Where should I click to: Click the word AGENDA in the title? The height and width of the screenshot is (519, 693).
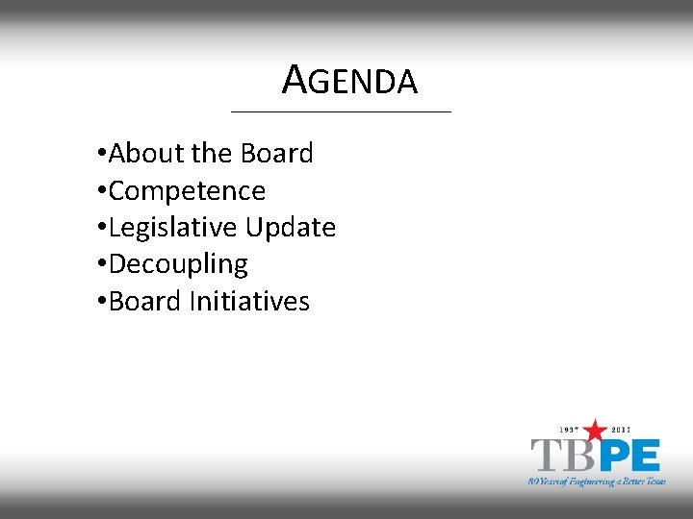pyautogui.click(x=350, y=81)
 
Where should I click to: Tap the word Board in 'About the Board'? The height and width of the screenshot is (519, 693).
pyautogui.click(x=277, y=154)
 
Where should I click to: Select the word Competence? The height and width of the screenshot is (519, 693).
pyautogui.click(x=187, y=191)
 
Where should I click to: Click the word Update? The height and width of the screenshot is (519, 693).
pyautogui.click(x=290, y=228)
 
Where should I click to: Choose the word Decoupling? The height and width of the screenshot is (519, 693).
pyautogui.click(x=178, y=264)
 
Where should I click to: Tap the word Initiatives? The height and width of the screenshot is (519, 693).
pyautogui.click(x=249, y=302)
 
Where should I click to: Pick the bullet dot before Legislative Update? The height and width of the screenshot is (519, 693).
pyautogui.click(x=102, y=229)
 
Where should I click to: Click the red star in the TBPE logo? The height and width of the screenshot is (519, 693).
pyautogui.click(x=596, y=431)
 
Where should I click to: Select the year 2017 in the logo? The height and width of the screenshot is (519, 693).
pyautogui.click(x=622, y=430)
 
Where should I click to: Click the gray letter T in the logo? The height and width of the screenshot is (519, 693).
pyautogui.click(x=546, y=455)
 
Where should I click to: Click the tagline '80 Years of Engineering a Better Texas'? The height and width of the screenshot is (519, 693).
pyautogui.click(x=597, y=481)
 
